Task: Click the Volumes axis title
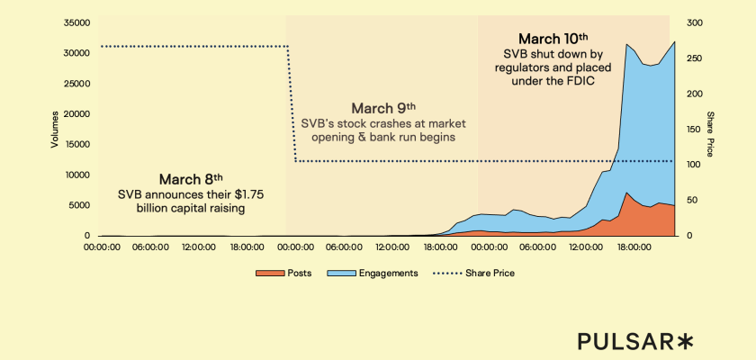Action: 55,130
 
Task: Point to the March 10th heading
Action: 553,39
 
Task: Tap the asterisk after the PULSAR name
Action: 686,339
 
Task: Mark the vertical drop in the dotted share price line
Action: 292,103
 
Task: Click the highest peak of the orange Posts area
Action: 626,193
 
